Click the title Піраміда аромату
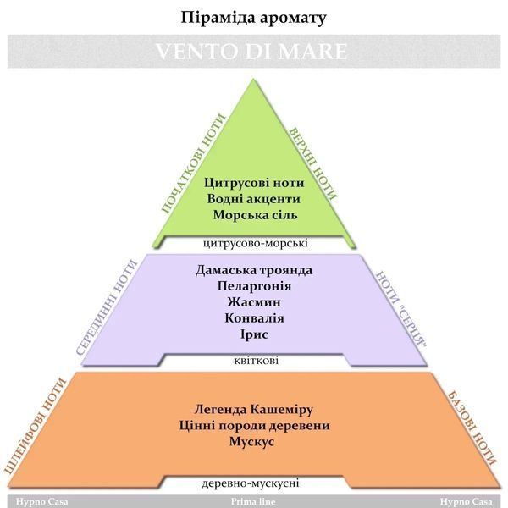pyautogui.click(x=253, y=18)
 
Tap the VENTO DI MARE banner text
pyautogui.click(x=251, y=51)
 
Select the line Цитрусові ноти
pyautogui.click(x=254, y=183)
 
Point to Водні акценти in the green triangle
pyautogui.click(x=254, y=199)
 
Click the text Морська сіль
pyautogui.click(x=256, y=215)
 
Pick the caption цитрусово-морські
pyautogui.click(x=256, y=243)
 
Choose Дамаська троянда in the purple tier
pyautogui.click(x=254, y=270)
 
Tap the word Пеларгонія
pyautogui.click(x=254, y=286)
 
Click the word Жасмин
pyautogui.click(x=254, y=302)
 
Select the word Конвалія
pyautogui.click(x=254, y=318)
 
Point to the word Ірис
pyautogui.click(x=254, y=334)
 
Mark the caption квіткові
pyautogui.click(x=256, y=361)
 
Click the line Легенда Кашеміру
pyautogui.click(x=254, y=410)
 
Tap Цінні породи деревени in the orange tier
pyautogui.click(x=254, y=425)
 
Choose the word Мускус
pyautogui.click(x=251, y=442)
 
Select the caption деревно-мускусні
pyautogui.click(x=251, y=483)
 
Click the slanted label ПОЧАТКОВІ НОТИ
pyautogui.click(x=193, y=164)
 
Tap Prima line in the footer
pyautogui.click(x=253, y=502)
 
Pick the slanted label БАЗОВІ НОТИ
pyautogui.click(x=472, y=428)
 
